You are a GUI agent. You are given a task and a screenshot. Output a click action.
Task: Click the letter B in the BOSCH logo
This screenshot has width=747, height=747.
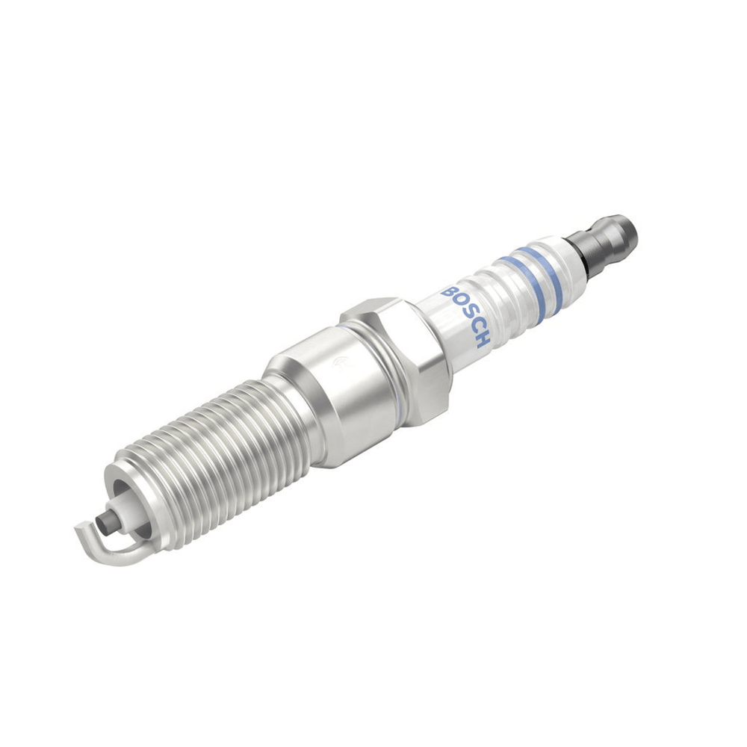click(447, 292)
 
